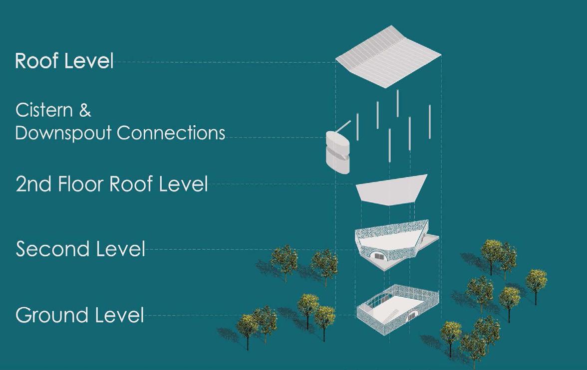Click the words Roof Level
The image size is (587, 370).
64,61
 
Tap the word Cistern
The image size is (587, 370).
44,110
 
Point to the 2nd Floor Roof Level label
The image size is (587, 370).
111,184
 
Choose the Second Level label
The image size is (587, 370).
80,249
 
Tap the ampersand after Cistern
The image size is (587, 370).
85,110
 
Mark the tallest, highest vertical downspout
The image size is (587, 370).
397,103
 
